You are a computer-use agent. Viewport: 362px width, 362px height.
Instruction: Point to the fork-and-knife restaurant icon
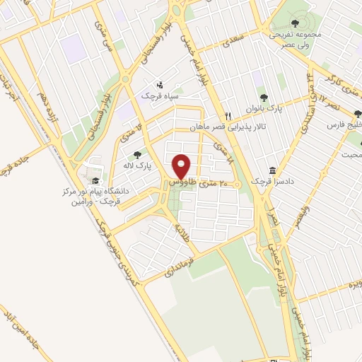coord(228,117)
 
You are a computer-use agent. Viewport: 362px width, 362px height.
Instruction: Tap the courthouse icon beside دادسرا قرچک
coord(273,171)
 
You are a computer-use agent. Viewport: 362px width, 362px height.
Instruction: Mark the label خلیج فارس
coord(345,124)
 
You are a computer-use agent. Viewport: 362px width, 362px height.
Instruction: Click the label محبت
coord(351,154)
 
